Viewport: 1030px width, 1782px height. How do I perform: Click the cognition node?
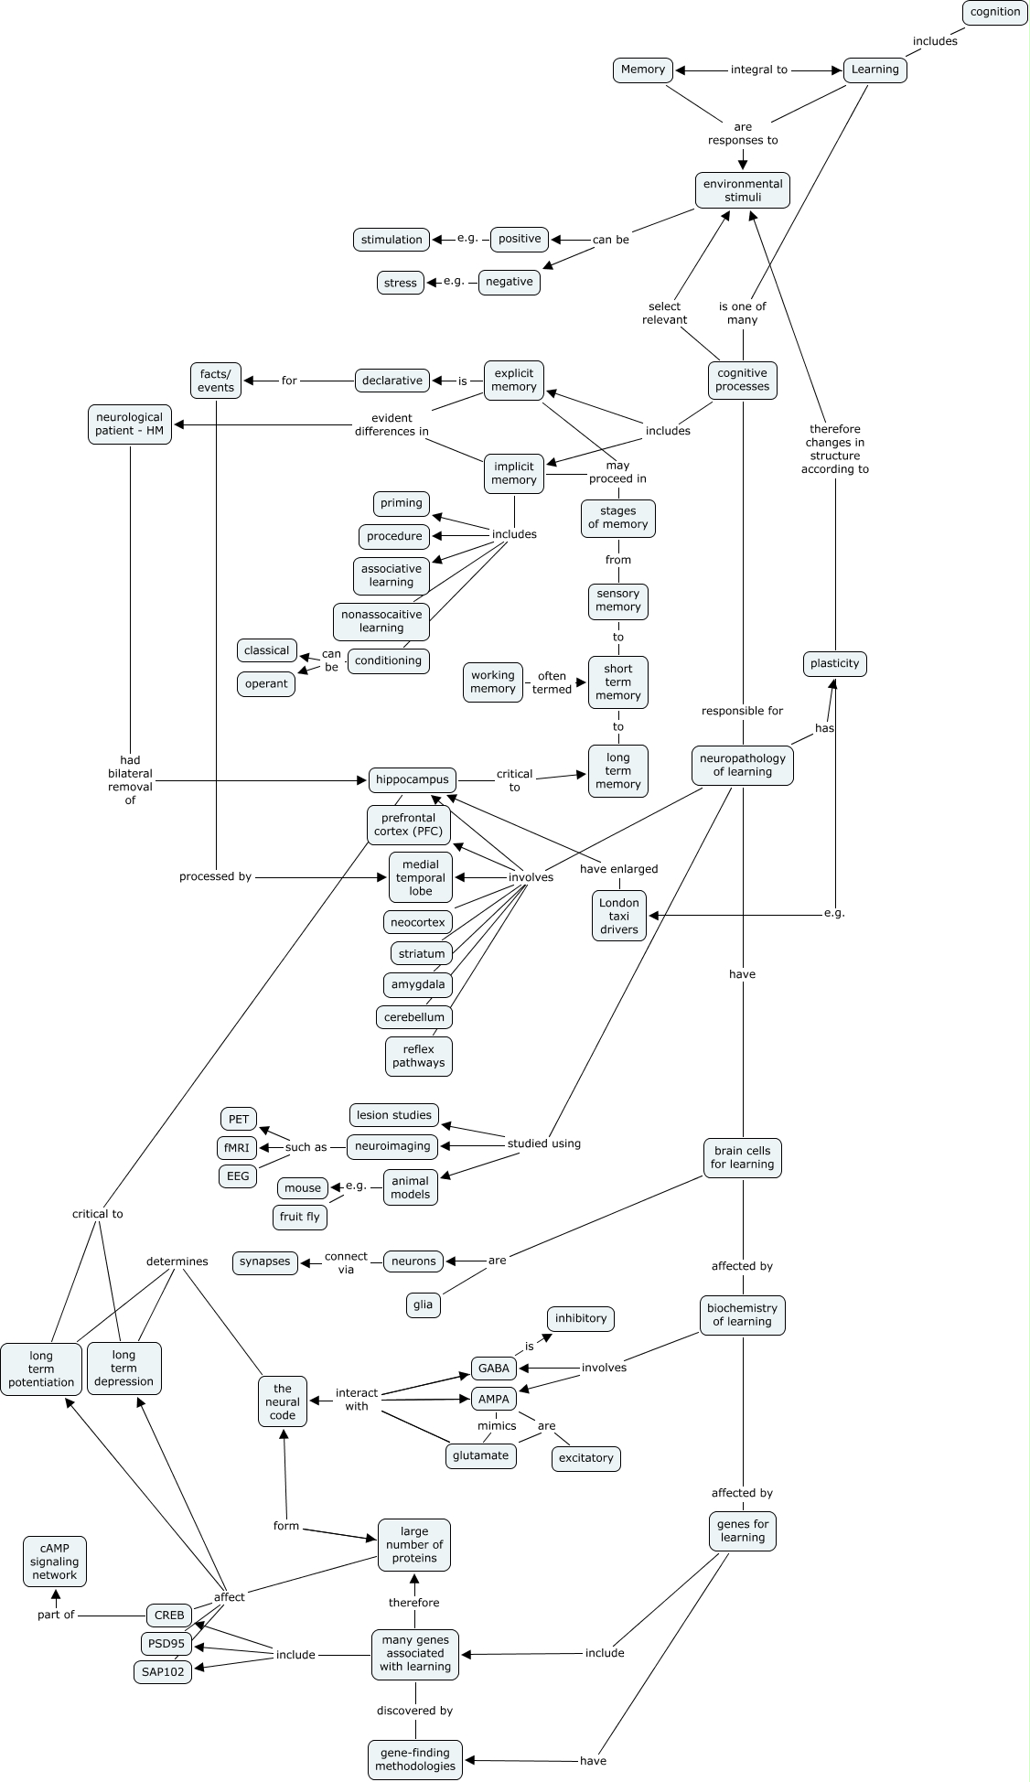(x=995, y=12)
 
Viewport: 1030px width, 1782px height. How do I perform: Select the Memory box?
(x=643, y=70)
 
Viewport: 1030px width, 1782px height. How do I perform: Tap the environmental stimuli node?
(x=742, y=190)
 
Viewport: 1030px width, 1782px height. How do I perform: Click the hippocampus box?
(x=413, y=779)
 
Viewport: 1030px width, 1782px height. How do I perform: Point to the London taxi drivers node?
(x=619, y=916)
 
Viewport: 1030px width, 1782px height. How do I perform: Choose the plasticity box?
(x=834, y=663)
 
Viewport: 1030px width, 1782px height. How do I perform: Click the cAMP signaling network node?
(x=55, y=1562)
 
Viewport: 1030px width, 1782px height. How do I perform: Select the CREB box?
(x=169, y=1615)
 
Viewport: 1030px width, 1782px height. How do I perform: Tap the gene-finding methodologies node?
(x=415, y=1759)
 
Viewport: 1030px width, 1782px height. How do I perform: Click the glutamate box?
(x=481, y=1455)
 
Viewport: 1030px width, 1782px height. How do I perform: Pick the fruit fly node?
(x=300, y=1217)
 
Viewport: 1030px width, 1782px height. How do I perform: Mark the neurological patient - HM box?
(x=130, y=424)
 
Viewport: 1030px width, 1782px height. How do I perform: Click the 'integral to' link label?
(x=758, y=70)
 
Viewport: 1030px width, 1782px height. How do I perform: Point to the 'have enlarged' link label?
(x=618, y=869)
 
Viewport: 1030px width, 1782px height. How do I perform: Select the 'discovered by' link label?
(x=414, y=1710)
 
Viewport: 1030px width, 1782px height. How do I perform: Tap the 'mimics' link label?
(x=497, y=1425)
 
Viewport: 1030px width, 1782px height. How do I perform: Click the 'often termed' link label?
(x=552, y=682)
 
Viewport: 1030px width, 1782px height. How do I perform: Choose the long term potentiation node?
(x=41, y=1369)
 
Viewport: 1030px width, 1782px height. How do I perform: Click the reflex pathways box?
(x=419, y=1056)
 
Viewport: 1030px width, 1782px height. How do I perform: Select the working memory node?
(x=493, y=682)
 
